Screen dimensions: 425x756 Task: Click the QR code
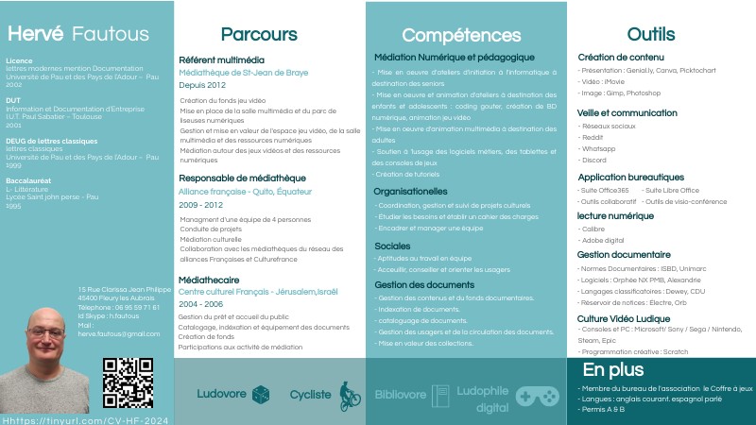127,382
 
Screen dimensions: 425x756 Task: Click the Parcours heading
259,35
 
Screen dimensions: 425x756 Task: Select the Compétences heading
461,35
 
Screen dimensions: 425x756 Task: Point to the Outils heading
651,34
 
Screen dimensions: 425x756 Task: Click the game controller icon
537,397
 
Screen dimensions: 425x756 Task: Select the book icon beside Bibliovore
440,396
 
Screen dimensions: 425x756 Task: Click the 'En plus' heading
612,369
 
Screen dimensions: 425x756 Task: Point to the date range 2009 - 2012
200,205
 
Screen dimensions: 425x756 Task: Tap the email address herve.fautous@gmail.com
119,333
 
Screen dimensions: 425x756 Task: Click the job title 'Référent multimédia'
215,60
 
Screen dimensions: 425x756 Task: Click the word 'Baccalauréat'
28,180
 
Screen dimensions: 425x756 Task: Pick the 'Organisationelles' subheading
416,191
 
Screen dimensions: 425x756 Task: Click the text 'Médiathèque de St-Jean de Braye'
243,73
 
